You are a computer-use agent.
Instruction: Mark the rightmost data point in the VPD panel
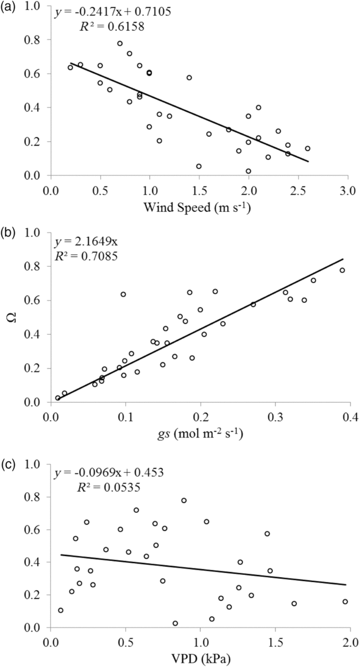(x=345, y=601)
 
